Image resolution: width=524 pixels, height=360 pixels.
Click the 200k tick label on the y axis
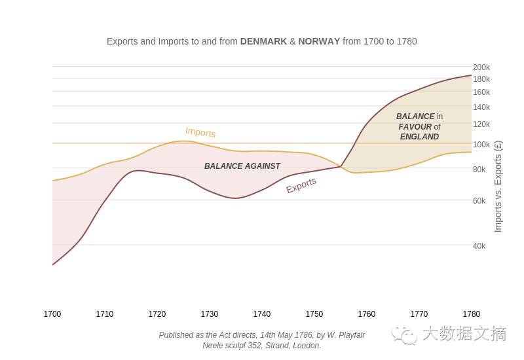tap(481, 67)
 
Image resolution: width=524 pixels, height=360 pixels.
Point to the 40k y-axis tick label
tap(479, 246)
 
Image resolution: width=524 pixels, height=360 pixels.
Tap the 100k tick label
tap(481, 145)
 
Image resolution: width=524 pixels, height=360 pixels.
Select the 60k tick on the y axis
tap(479, 201)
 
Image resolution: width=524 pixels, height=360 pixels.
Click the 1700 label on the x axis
tap(52, 314)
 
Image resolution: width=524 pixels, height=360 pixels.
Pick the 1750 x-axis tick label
tap(314, 314)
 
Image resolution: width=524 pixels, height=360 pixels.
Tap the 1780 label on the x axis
tap(471, 314)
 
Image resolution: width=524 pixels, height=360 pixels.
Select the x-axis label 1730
tap(210, 314)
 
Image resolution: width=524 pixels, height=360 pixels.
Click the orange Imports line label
tap(200, 132)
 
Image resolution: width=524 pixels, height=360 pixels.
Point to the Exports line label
tap(301, 185)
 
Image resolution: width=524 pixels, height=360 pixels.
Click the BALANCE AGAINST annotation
tap(242, 166)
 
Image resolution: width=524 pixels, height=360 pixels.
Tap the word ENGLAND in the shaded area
tap(419, 137)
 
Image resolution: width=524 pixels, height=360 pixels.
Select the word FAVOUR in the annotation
tap(415, 127)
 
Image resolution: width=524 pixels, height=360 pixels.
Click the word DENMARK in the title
tap(263, 41)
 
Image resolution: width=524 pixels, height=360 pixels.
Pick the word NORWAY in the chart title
tap(319, 41)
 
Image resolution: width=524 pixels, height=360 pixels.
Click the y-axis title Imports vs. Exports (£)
tap(498, 187)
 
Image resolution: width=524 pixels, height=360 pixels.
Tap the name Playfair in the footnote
tap(349, 335)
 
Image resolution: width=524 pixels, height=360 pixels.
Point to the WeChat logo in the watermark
tap(405, 334)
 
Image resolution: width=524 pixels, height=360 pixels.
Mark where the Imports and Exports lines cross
tap(341, 166)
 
